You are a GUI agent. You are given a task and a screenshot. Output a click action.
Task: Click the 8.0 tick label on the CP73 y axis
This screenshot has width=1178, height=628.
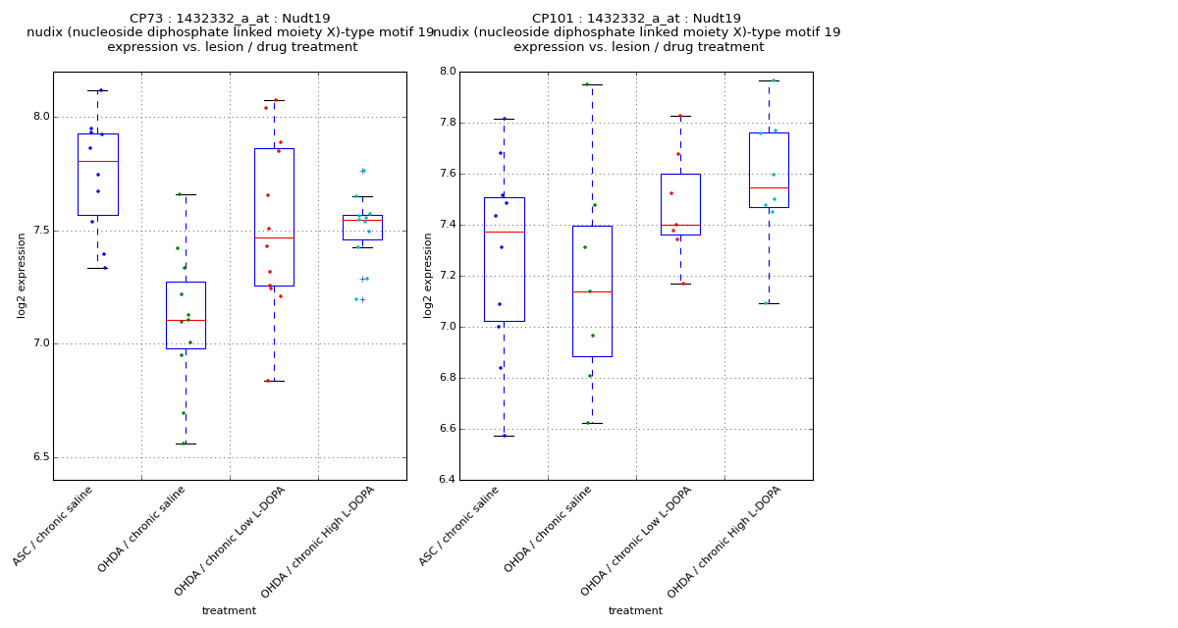pos(39,117)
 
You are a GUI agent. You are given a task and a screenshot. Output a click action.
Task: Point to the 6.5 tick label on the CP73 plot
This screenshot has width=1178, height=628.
pos(39,457)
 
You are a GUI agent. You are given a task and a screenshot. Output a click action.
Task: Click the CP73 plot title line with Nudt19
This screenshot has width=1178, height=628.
pos(230,19)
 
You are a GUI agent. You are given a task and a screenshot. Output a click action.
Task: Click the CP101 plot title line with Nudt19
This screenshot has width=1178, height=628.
pos(636,19)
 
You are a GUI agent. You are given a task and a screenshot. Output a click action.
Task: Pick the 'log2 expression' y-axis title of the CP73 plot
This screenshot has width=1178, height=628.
pos(22,275)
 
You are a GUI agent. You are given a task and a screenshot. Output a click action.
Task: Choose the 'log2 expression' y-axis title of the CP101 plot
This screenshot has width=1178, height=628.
pos(428,275)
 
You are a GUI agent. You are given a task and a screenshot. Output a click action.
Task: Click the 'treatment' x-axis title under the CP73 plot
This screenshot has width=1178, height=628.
pos(229,611)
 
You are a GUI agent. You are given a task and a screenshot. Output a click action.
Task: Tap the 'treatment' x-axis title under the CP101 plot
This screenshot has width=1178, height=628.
pos(635,611)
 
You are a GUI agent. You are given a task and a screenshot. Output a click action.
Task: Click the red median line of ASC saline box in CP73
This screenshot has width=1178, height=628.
pos(97,161)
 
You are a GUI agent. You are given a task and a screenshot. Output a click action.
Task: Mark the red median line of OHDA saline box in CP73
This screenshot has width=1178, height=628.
pos(186,320)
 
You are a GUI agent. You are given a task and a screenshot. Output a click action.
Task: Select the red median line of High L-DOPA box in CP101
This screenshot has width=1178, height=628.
pos(769,187)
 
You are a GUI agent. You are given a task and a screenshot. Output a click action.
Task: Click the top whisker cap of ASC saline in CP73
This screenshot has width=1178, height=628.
pos(97,90)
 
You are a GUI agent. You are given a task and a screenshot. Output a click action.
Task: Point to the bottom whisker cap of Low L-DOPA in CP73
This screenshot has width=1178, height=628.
pos(274,381)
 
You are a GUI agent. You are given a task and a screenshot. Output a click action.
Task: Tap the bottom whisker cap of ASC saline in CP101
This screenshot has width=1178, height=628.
pos(504,436)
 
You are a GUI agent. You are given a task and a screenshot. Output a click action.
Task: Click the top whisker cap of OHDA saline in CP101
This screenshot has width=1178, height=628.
pos(592,84)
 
